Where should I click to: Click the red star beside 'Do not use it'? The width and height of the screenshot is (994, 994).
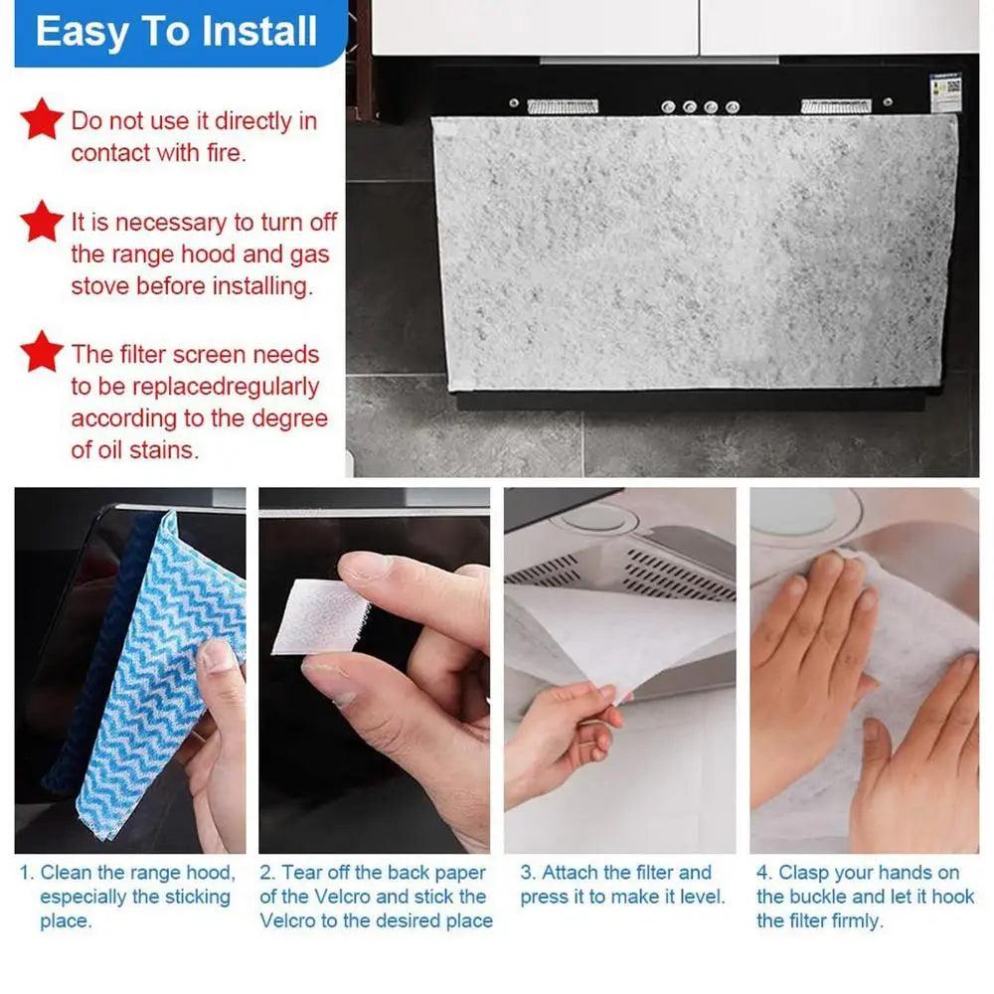(42, 119)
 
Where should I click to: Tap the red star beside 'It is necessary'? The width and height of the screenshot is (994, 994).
(42, 221)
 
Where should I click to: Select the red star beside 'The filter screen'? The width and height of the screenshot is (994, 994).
(42, 352)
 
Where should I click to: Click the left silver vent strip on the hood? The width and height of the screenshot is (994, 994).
(563, 106)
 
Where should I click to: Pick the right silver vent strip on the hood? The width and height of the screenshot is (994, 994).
(836, 106)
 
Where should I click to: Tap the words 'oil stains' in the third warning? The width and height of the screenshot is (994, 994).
(148, 449)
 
